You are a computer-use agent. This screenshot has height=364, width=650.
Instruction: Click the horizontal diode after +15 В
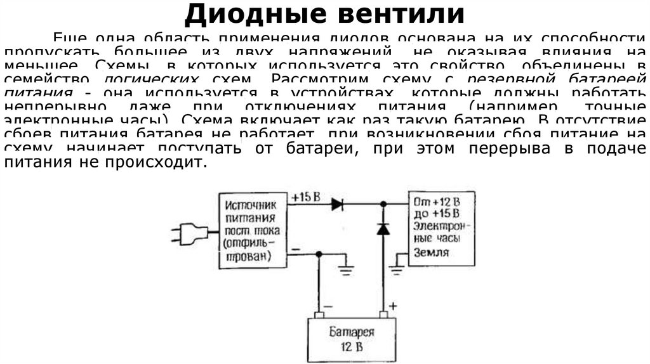[336, 204]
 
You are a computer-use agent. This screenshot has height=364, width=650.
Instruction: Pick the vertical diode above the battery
[383, 229]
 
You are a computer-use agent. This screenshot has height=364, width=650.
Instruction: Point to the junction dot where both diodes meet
[383, 204]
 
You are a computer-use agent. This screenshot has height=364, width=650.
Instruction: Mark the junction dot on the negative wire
[319, 254]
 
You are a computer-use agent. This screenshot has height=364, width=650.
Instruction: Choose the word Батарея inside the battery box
[352, 332]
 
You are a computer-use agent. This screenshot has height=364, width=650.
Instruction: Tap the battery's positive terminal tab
[383, 315]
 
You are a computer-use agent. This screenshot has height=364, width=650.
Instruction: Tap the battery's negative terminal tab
[319, 315]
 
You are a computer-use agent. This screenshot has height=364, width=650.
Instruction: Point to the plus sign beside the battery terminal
[393, 306]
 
